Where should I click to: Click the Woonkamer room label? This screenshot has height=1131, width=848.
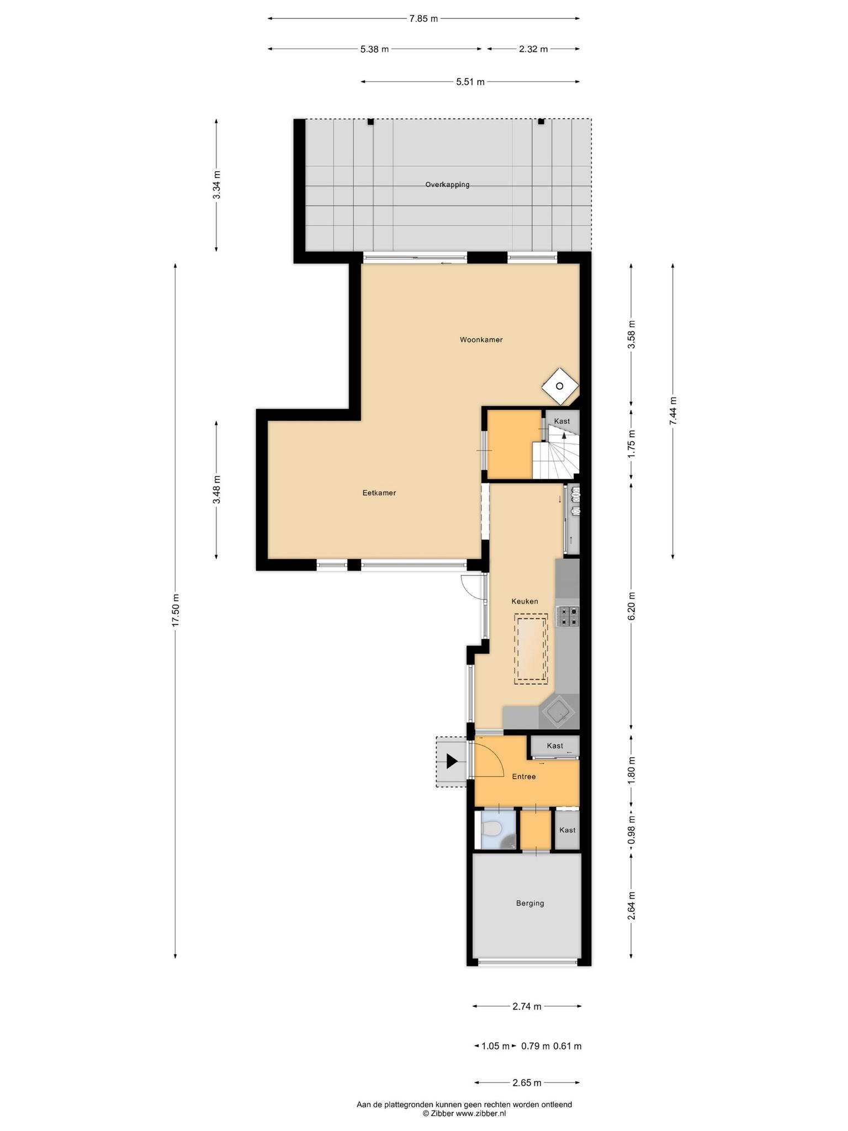click(x=481, y=340)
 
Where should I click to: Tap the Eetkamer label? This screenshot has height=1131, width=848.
click(x=379, y=493)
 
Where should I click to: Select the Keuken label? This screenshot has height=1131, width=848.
click(x=524, y=601)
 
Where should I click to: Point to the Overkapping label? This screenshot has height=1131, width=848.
click(x=447, y=184)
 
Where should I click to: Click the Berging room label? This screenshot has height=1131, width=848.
click(x=530, y=903)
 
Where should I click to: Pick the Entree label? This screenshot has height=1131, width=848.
click(x=524, y=776)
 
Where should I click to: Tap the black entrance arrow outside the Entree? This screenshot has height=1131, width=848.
click(x=452, y=762)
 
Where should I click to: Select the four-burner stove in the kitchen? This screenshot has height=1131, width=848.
click(x=568, y=616)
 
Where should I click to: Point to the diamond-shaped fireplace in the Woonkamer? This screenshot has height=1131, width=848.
click(x=560, y=386)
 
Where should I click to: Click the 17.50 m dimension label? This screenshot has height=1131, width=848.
click(x=176, y=610)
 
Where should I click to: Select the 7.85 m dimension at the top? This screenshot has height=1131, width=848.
click(x=423, y=19)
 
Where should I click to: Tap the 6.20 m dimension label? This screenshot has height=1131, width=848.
click(x=632, y=606)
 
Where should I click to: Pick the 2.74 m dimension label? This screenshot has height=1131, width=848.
click(x=527, y=1006)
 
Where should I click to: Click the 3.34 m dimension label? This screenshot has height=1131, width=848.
click(x=216, y=185)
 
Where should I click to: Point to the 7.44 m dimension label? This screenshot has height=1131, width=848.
click(x=673, y=411)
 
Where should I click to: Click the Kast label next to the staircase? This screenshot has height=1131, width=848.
click(x=562, y=421)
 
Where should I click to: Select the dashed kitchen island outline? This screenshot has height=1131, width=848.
click(x=531, y=649)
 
